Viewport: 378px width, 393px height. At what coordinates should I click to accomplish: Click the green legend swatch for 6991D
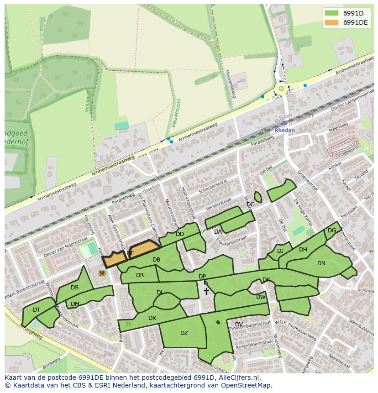click(332, 13)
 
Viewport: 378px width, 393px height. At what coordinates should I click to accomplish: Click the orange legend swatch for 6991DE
click(332, 22)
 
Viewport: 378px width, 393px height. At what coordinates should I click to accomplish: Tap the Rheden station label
click(284, 130)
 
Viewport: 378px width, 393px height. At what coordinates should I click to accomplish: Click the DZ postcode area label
click(184, 333)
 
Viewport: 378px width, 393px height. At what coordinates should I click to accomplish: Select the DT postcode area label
click(37, 310)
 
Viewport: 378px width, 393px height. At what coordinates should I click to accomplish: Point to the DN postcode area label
click(321, 263)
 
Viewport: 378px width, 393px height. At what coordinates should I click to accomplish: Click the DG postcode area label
click(332, 231)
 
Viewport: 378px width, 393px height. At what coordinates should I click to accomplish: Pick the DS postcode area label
click(75, 288)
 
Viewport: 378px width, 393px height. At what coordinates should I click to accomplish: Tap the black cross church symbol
click(206, 291)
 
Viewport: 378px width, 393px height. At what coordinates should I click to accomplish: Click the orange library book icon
click(102, 273)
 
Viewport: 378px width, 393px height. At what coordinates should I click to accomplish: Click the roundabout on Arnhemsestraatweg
click(281, 89)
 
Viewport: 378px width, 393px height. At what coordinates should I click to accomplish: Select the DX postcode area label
click(152, 318)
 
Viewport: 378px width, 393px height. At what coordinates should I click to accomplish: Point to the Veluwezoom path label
click(176, 113)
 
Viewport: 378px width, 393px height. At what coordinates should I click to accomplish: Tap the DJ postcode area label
click(280, 251)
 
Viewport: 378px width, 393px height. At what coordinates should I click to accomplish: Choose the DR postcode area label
click(140, 275)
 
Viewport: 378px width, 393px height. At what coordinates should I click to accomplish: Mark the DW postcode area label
click(261, 297)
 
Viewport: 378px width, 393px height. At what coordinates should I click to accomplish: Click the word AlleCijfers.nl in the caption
click(237, 377)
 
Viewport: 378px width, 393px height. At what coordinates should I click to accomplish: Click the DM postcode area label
click(75, 304)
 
